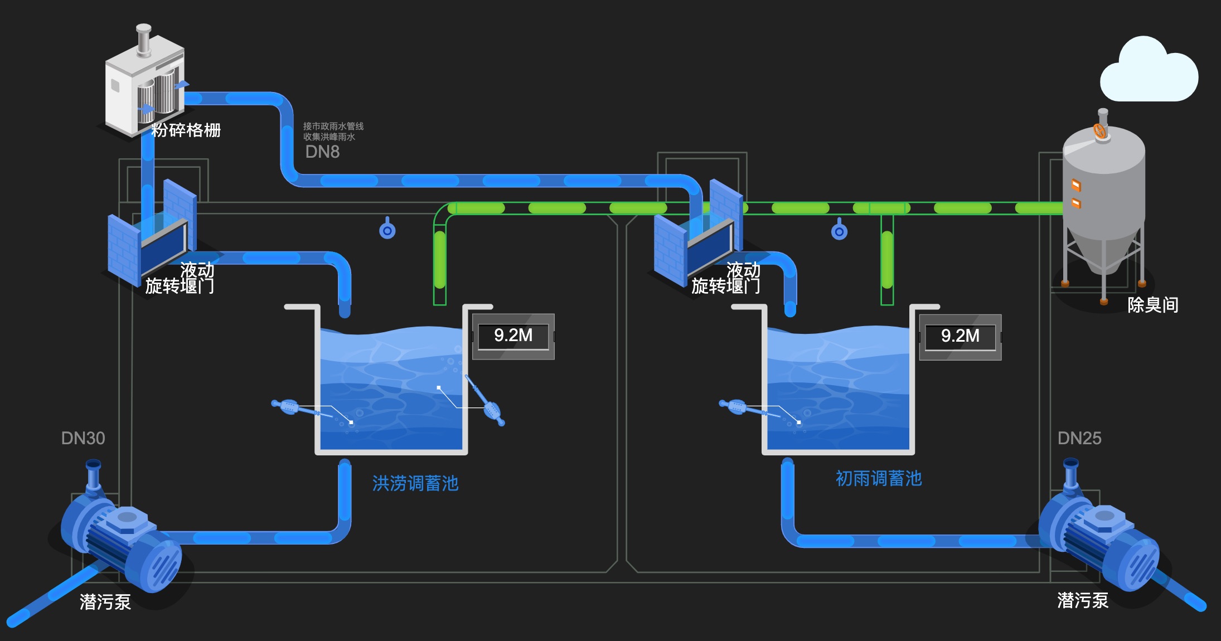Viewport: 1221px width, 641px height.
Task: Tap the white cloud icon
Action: point(1149,72)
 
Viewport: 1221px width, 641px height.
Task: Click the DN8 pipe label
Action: point(322,152)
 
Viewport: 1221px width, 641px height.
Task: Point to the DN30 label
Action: point(83,438)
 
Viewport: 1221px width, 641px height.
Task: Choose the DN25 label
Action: point(1079,438)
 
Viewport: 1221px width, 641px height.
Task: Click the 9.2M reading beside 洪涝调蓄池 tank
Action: point(513,336)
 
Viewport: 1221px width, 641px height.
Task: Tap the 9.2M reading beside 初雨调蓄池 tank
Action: point(960,336)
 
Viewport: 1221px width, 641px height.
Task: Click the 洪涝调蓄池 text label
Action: point(415,483)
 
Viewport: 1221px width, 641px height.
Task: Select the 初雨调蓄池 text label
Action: point(879,479)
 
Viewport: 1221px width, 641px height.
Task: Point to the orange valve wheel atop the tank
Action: point(1100,131)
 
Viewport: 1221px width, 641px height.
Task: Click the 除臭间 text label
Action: point(1152,305)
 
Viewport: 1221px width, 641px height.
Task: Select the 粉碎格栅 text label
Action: point(186,130)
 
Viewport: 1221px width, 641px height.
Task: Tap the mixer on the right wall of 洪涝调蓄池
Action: point(486,401)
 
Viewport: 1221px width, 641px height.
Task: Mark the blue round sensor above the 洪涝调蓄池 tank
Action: point(387,230)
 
